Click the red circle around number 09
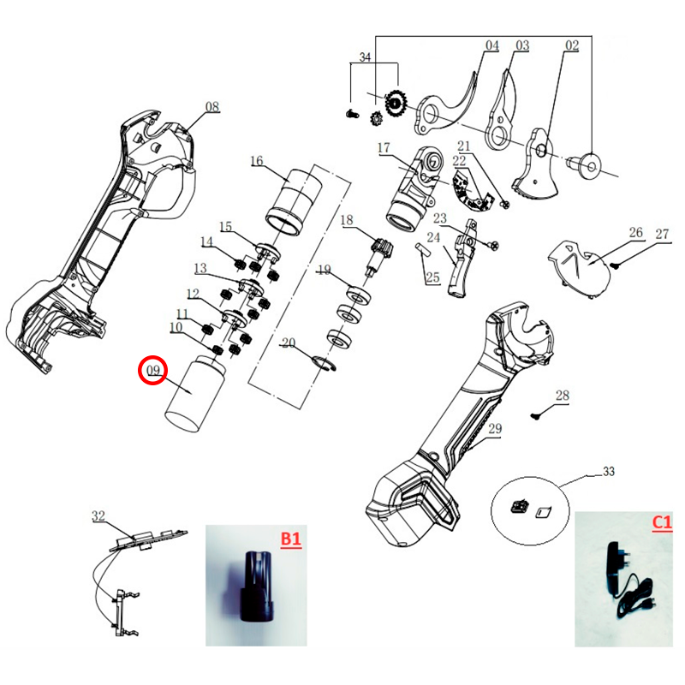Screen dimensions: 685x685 153,370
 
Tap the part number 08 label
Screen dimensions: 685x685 211,107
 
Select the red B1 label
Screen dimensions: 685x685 292,539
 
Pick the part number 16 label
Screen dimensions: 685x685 257,160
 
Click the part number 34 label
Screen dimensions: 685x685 365,57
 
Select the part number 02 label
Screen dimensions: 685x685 572,45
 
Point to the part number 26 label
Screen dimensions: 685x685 635,233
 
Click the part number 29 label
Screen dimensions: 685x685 494,430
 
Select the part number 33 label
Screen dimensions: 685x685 609,472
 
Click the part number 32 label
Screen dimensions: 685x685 98,516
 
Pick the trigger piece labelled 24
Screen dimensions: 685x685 462,261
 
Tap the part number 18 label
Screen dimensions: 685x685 346,221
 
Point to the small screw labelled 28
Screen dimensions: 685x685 536,414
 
